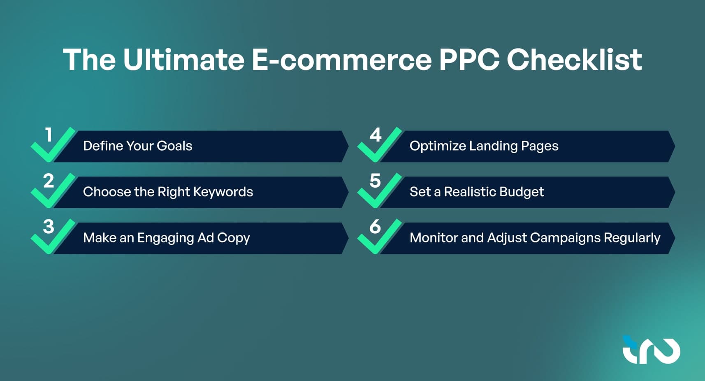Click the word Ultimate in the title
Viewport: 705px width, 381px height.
pos(183,60)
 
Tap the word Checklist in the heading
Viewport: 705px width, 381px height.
pos(574,60)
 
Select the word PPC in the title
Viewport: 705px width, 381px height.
pos(469,60)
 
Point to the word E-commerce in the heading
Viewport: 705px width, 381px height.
pos(342,60)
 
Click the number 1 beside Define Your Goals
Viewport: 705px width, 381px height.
pos(48,135)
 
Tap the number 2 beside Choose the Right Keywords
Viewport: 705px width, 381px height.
pos(49,181)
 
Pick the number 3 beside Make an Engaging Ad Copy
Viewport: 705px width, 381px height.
pos(49,227)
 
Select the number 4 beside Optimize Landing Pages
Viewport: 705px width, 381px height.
pos(376,135)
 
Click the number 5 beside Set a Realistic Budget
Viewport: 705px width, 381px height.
pos(375,181)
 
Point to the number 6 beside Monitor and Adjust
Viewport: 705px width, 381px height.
pos(375,227)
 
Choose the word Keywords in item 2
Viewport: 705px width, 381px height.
pos(223,192)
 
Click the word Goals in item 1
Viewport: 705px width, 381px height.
pos(174,146)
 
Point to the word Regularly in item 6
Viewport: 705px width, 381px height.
pos(632,238)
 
